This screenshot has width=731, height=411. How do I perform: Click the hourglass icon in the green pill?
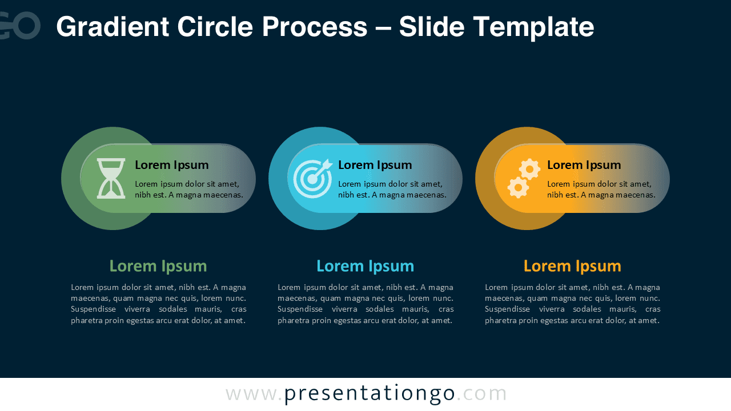click(111, 179)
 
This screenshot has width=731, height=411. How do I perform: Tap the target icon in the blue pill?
click(312, 179)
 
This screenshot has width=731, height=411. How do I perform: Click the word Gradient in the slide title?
click(113, 27)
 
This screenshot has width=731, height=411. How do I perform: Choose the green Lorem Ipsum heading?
click(158, 266)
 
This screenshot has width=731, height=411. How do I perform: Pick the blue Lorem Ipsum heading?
click(365, 266)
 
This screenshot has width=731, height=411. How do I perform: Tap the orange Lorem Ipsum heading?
click(572, 266)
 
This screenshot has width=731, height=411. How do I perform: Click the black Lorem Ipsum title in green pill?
click(172, 165)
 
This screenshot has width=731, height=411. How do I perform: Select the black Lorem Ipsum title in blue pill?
click(375, 165)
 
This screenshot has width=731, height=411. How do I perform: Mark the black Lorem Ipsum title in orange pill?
click(584, 165)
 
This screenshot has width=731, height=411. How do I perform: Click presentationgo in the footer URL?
click(369, 394)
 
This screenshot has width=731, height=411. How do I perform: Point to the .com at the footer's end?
click(482, 394)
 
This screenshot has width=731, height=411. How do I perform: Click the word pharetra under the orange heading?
click(503, 320)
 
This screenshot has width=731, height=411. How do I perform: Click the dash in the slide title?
click(383, 27)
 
